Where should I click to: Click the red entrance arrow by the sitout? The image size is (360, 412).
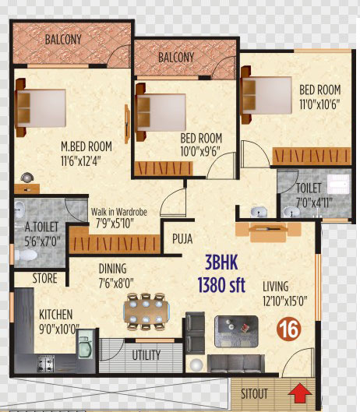[300, 393]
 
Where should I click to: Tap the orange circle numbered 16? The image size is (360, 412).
[289, 329]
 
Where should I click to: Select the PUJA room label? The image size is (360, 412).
[182, 239]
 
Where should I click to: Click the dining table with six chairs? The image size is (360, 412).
[146, 312]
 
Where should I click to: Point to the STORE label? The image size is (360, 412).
[44, 278]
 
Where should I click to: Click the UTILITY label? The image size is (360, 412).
[146, 355]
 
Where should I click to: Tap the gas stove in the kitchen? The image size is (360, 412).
[46, 364]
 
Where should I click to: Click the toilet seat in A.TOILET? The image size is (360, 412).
[26, 255]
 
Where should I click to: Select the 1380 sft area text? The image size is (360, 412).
[221, 285]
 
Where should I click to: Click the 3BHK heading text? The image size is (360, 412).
[221, 262]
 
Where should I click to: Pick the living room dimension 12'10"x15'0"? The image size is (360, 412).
[284, 301]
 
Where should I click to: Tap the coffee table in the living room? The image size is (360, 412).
[236, 332]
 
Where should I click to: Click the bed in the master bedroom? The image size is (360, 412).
[41, 107]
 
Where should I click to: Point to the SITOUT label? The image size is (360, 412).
[254, 393]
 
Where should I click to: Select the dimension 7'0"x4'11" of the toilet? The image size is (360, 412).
[314, 202]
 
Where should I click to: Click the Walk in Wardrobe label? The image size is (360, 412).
[119, 212]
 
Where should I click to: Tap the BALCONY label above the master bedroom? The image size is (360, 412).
[63, 40]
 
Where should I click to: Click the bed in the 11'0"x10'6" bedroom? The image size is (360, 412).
[266, 95]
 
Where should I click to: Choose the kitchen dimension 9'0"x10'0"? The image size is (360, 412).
[59, 329]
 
